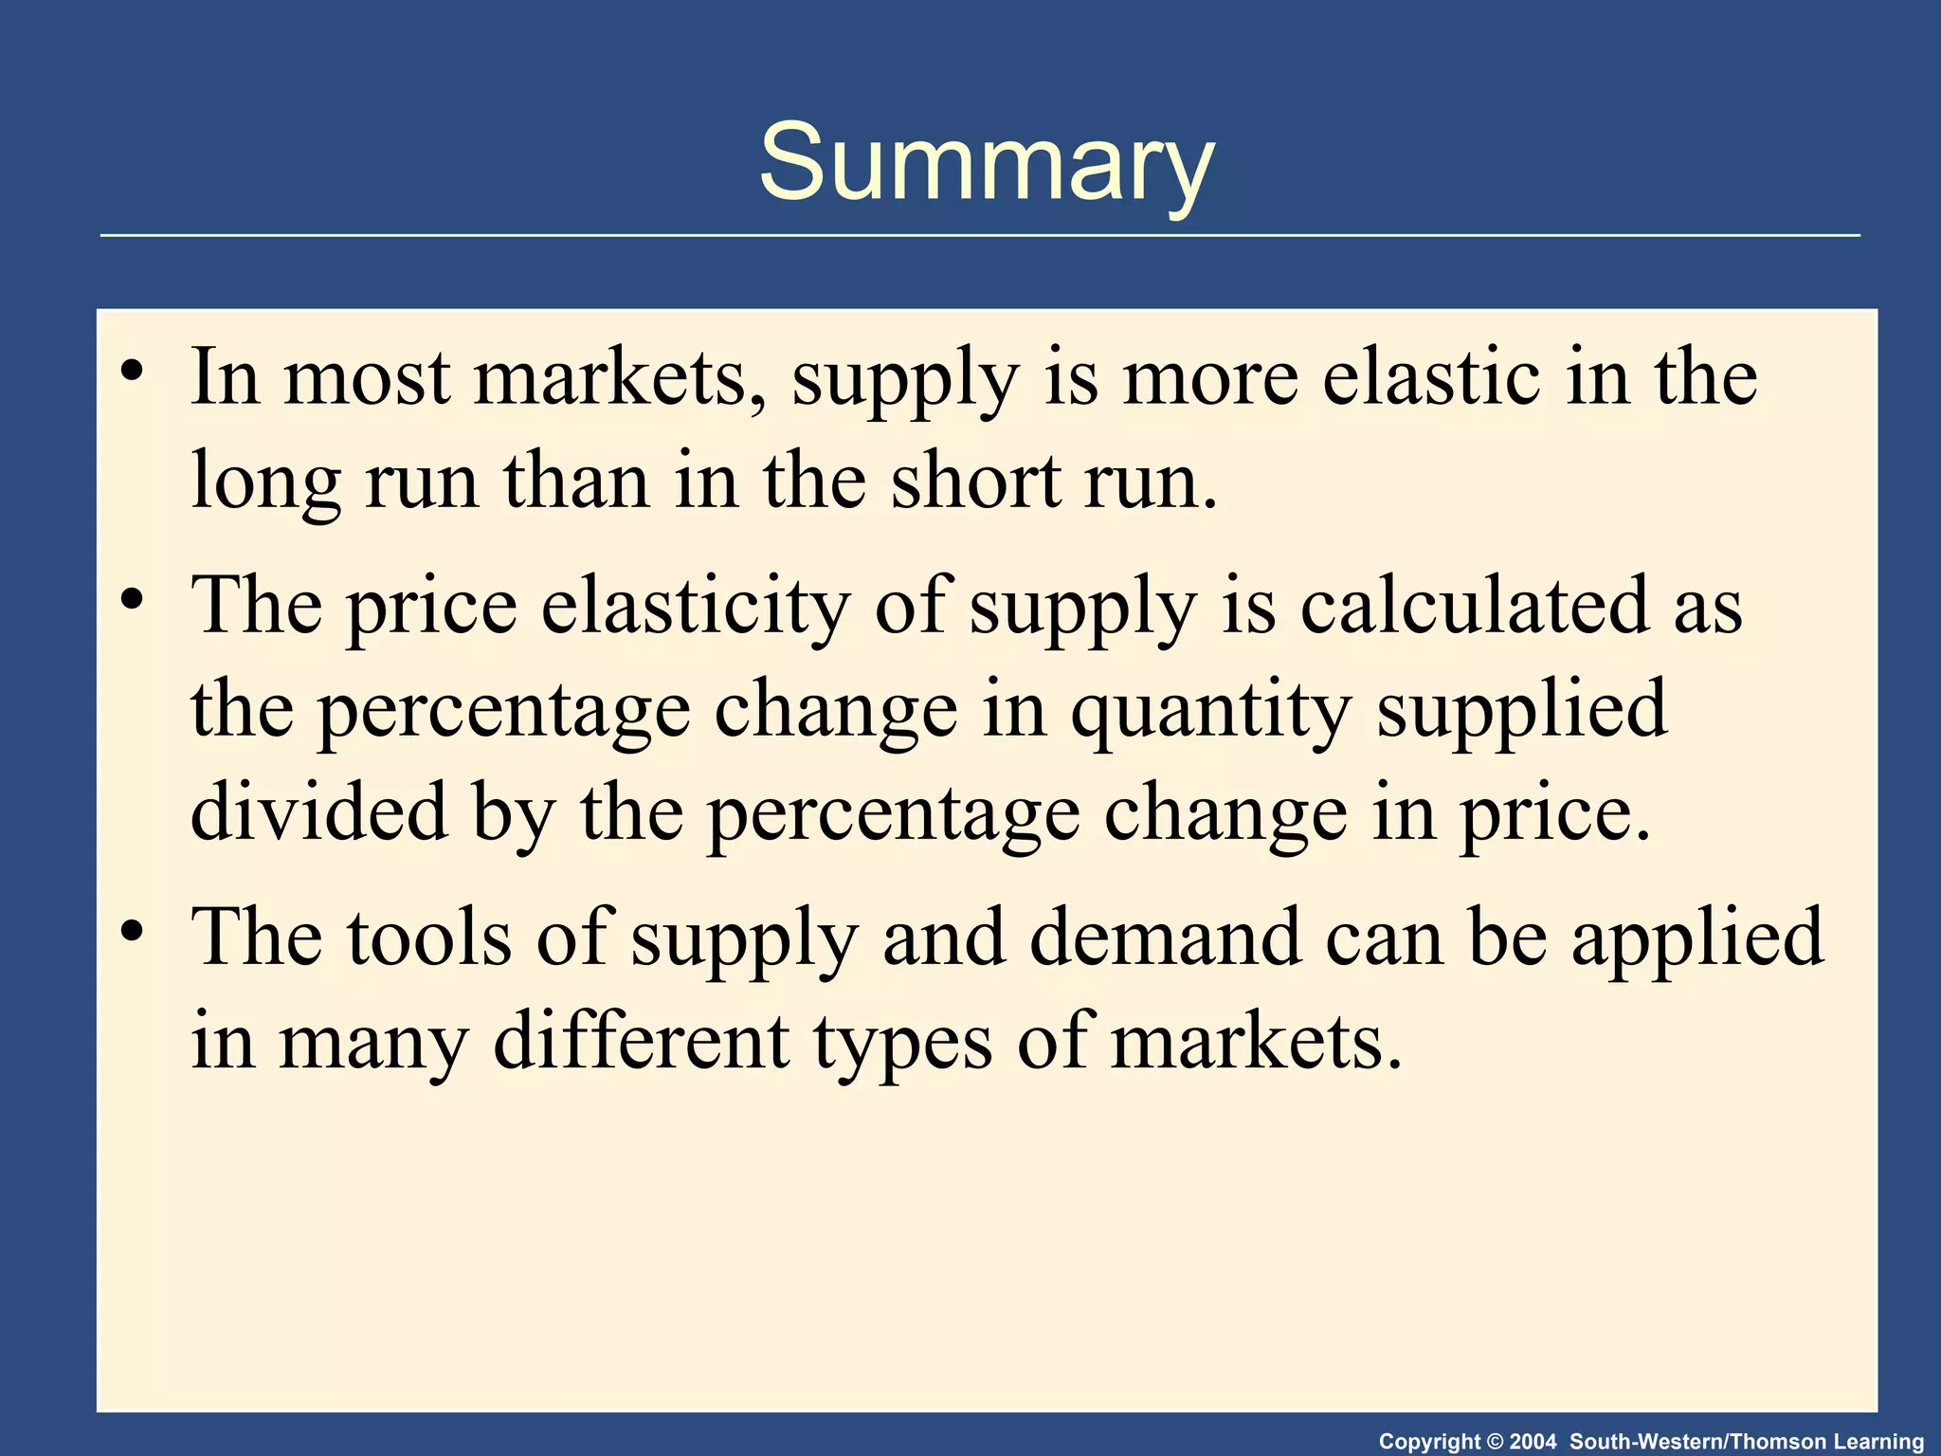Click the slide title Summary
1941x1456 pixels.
pos(986,163)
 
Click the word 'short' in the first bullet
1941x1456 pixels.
pos(976,482)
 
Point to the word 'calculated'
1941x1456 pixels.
pos(1475,606)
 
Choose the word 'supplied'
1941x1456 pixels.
pos(1522,712)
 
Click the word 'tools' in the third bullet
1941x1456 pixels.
pos(429,937)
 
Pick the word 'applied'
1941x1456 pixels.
pos(1697,939)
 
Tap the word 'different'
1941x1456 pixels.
pos(642,1041)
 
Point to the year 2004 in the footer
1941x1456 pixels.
pos(1533,1442)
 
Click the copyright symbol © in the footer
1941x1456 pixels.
pos(1496,1442)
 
